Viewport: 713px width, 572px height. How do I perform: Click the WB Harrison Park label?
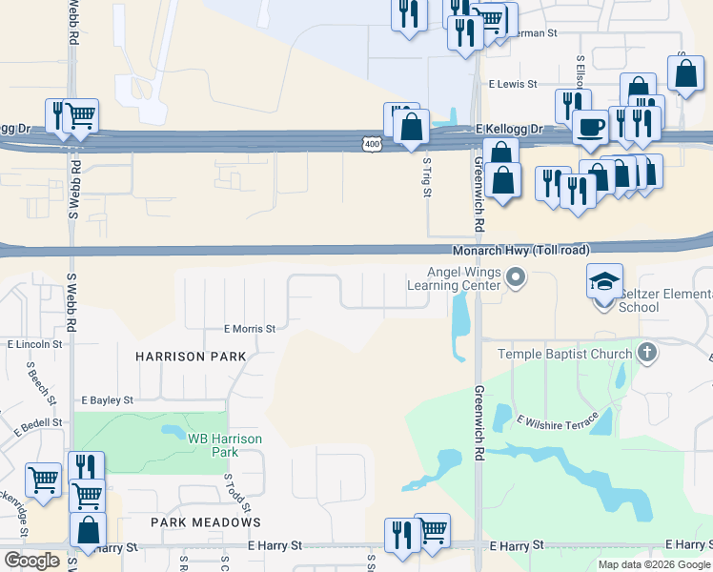(224, 444)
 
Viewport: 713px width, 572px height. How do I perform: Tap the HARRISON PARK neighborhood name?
(191, 357)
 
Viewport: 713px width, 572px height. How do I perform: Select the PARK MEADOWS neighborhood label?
(206, 522)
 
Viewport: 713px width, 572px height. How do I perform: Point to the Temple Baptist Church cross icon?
(647, 354)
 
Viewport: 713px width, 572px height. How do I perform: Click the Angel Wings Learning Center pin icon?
(516, 278)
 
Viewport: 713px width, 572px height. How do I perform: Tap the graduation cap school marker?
(604, 282)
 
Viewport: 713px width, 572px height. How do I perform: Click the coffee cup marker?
(591, 127)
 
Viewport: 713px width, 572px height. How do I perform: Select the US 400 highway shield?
(372, 144)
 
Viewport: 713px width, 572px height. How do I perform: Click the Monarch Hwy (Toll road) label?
(520, 250)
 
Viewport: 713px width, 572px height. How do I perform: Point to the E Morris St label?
(250, 329)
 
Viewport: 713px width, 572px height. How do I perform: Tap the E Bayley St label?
(108, 401)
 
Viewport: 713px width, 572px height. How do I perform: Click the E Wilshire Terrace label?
(557, 419)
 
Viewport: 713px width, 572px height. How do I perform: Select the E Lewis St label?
(514, 84)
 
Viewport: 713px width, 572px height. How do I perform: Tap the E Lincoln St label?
(34, 344)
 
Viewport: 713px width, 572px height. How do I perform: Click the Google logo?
(31, 561)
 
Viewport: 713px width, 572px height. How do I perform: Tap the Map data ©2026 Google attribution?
(655, 564)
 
